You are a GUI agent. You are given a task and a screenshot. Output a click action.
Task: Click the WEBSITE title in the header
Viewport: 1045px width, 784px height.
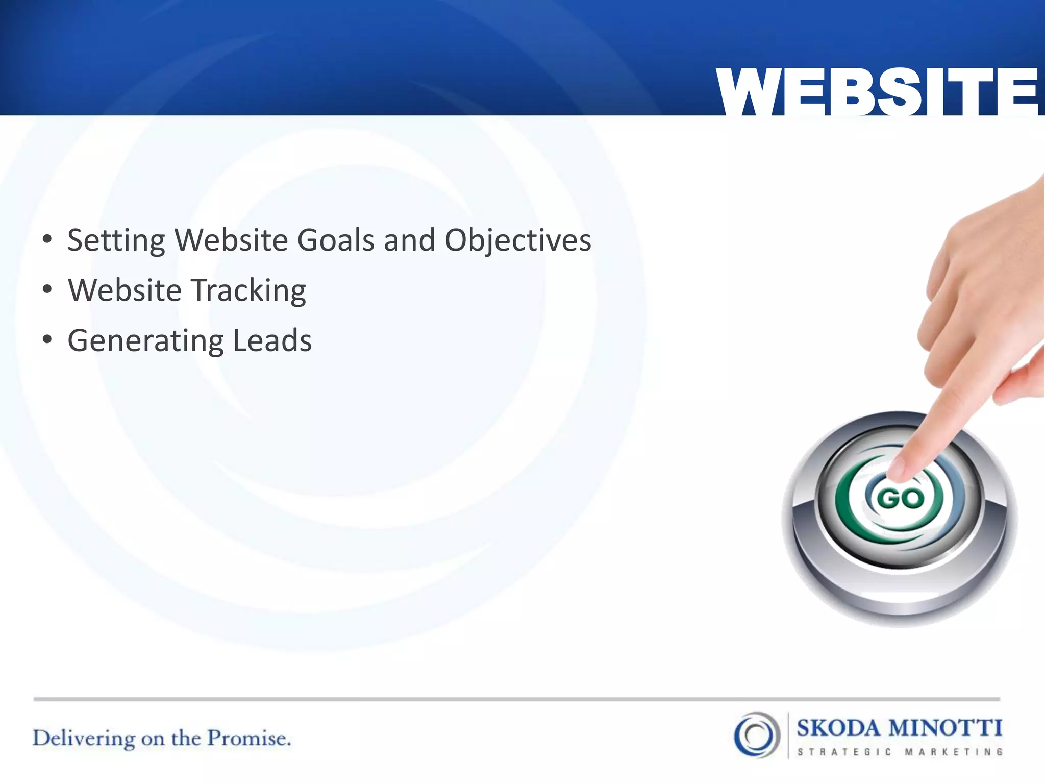pos(877,92)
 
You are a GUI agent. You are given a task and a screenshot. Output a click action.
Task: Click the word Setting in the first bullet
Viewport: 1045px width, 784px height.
pos(116,241)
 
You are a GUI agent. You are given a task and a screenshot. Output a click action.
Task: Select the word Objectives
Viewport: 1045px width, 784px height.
pos(518,241)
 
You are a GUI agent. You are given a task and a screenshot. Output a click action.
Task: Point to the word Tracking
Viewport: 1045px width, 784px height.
pos(248,291)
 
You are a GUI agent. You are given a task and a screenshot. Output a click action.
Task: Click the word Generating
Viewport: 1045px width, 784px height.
pos(145,341)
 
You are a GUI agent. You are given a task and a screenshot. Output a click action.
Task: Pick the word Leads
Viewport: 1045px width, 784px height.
pos(272,340)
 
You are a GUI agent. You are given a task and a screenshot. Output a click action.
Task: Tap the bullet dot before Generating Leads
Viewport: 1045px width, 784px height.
pos(47,340)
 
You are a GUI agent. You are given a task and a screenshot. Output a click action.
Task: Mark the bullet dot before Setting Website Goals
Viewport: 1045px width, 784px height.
pos(47,239)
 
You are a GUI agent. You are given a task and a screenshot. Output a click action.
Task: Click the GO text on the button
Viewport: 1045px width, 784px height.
pos(900,499)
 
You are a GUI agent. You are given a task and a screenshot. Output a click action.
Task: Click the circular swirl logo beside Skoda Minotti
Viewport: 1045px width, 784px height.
pos(757,735)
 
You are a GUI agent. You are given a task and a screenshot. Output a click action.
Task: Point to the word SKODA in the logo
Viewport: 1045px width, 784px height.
pos(838,728)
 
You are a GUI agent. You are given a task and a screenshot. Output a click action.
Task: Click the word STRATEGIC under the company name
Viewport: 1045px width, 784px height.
pos(844,752)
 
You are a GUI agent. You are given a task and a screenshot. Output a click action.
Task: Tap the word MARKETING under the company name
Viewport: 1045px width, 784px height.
pos(954,752)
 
